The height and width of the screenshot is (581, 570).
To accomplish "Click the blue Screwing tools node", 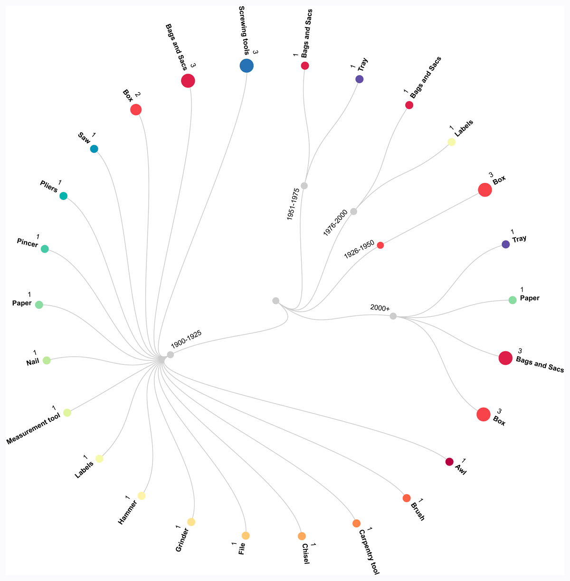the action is [247, 66].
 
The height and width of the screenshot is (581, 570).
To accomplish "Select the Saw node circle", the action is [94, 149].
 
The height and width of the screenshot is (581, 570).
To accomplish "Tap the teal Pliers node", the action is [63, 196].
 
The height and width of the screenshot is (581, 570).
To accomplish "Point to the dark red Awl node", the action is [449, 462].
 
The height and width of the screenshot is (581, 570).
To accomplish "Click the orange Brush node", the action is [407, 498].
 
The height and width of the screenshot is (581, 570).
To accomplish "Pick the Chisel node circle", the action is [302, 536].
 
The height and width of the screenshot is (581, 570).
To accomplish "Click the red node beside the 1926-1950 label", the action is [380, 245].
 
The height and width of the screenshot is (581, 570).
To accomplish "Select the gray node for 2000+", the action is [393, 316].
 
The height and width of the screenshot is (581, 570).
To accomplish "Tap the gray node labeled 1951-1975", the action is [304, 186].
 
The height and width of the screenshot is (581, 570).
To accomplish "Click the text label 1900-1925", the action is [186, 339].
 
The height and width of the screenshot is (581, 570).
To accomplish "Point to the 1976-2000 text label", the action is [335, 223].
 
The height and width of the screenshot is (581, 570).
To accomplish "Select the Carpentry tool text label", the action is [369, 552].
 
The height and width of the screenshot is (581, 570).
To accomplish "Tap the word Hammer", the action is [127, 513].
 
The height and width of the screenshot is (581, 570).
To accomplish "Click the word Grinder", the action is [182, 540].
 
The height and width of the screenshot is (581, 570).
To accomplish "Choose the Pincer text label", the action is [28, 243].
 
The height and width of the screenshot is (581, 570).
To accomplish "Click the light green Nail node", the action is [47, 360].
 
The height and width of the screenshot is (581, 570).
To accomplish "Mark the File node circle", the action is [246, 535].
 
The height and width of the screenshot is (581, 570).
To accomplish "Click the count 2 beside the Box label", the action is [138, 95].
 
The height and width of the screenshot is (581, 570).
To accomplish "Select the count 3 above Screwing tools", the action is [255, 52].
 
